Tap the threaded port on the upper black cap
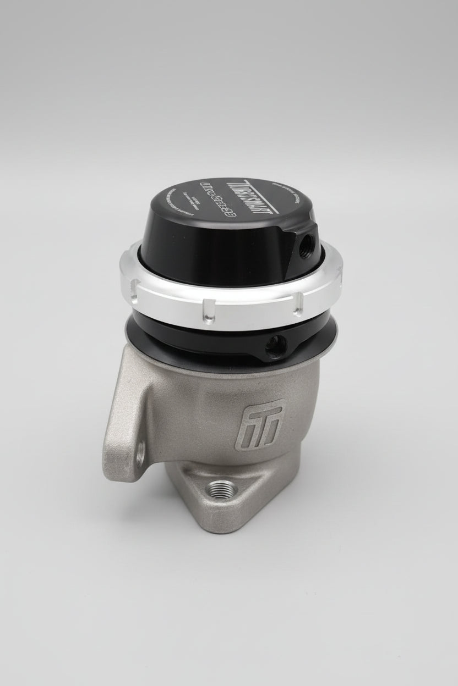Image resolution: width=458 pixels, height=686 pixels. coord(304,241)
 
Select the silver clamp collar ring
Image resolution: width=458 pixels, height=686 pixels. coord(231,297)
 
